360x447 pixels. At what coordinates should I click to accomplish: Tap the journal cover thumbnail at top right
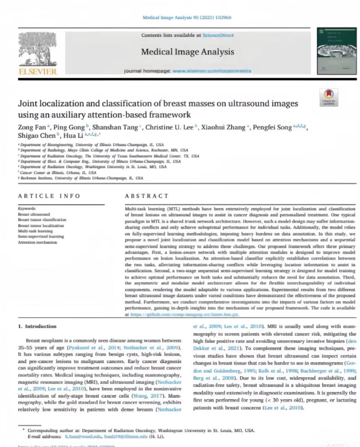click(332, 48)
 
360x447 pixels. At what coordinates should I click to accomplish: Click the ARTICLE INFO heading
click(49, 196)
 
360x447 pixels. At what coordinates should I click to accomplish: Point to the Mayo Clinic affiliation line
click(103, 150)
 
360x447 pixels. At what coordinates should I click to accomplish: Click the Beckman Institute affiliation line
click(81, 178)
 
